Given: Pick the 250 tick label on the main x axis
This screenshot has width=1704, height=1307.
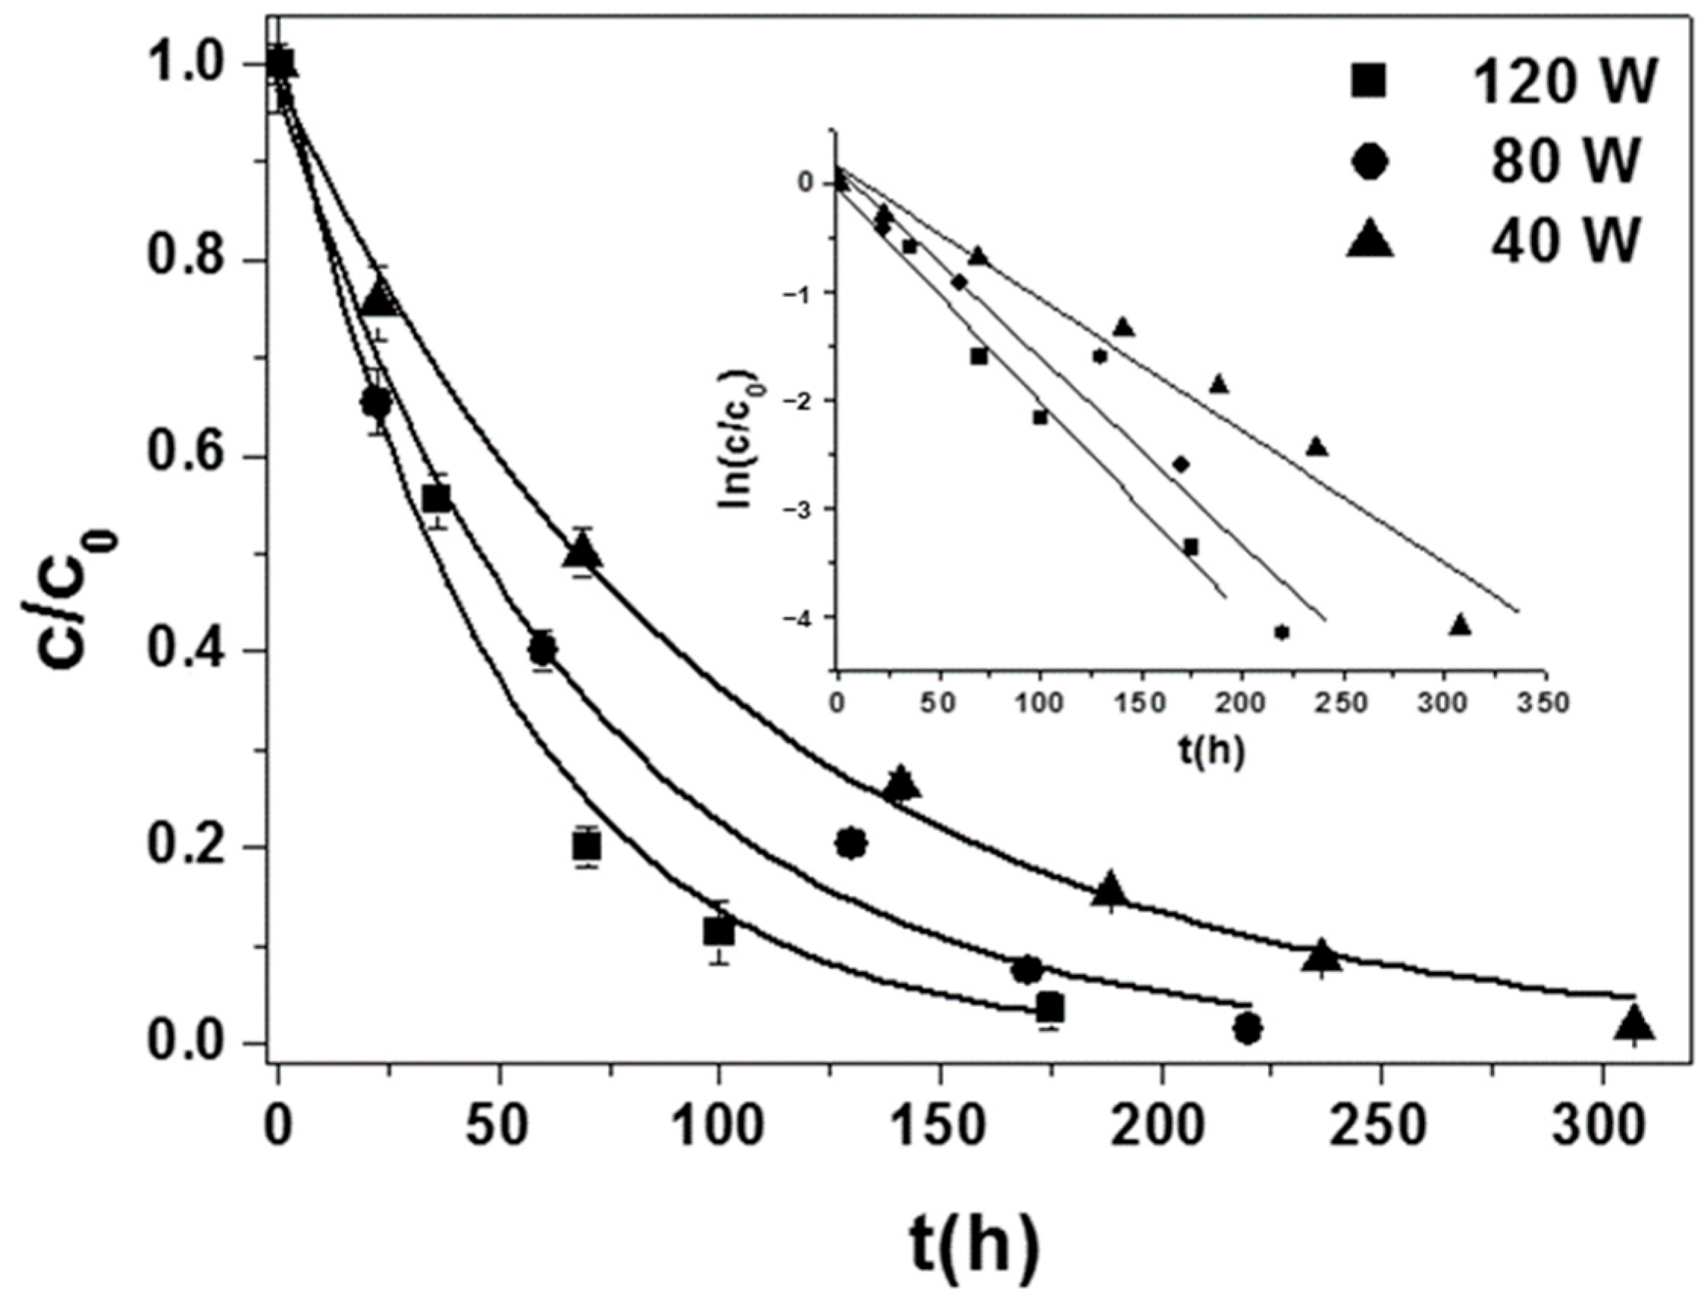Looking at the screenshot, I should coord(1382,1127).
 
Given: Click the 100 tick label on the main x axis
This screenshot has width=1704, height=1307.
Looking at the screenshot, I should coord(718,1127).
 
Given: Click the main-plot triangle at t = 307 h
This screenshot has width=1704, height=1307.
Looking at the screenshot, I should coord(1634,1023).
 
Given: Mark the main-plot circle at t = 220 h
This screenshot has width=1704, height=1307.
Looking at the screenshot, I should coord(1248,1029).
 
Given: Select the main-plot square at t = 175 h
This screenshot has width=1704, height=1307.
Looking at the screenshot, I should coord(1050,1008).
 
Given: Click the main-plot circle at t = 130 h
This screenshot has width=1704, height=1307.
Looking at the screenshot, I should coord(851,842).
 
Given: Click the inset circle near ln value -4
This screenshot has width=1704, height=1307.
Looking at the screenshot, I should coord(1282,632).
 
